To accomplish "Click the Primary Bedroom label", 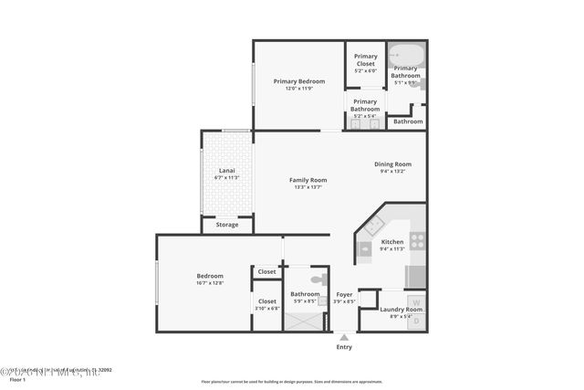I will pos(299,81).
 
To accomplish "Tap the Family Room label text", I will pos(309,180).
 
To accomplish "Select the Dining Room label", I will pos(393,164).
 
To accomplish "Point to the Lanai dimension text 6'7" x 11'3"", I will pos(226,176).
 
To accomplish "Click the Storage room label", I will pos(227,224).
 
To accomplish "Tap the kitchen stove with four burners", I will pos(416,240).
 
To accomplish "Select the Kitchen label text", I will pos(392,242).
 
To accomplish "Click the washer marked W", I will pos(416,302).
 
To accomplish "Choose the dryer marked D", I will pos(416,321).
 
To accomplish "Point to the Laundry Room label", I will pos(401,310).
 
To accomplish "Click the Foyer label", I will pos(344,294).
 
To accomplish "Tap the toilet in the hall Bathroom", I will pos(318,279).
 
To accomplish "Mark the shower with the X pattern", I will pos(304,321).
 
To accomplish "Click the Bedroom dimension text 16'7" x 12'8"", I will pos(210,283).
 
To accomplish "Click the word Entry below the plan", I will pos(344,347).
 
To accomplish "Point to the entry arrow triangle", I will pos(344,337).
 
